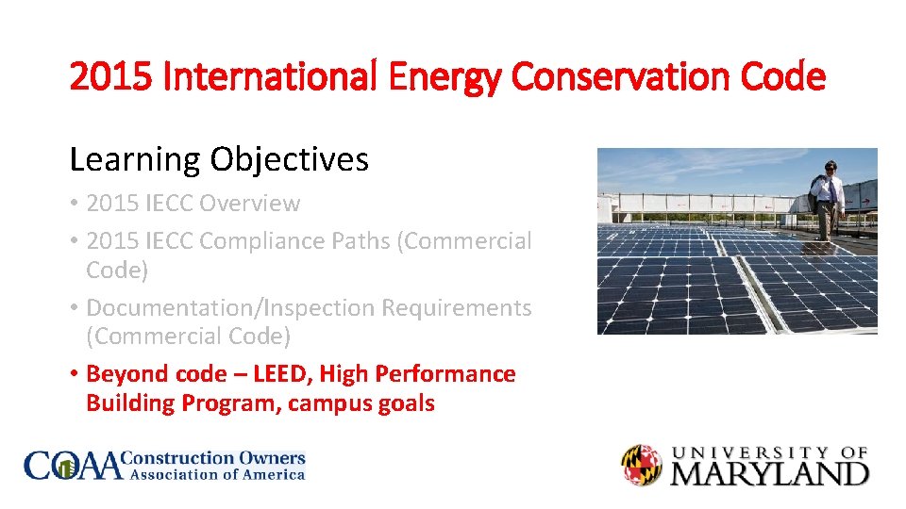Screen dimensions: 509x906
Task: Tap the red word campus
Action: click(x=329, y=403)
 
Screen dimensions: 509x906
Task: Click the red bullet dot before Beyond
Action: click(x=74, y=375)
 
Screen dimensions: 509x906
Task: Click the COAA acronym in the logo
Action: click(x=74, y=466)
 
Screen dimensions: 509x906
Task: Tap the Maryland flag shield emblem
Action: click(x=643, y=466)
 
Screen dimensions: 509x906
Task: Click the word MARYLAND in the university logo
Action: click(x=769, y=472)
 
